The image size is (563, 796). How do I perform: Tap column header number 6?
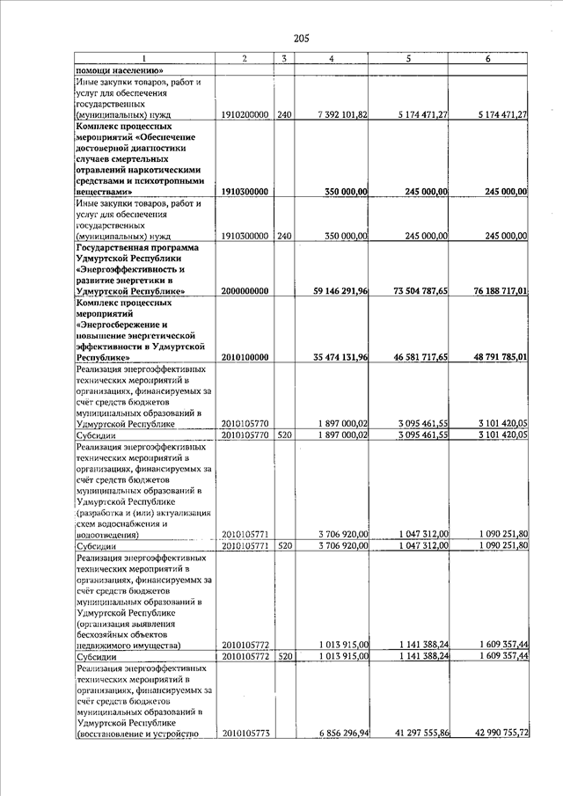(x=488, y=58)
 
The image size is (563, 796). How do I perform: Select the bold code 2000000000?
(x=245, y=290)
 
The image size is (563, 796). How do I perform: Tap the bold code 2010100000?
(x=245, y=358)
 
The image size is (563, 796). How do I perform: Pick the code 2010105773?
(x=245, y=733)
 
